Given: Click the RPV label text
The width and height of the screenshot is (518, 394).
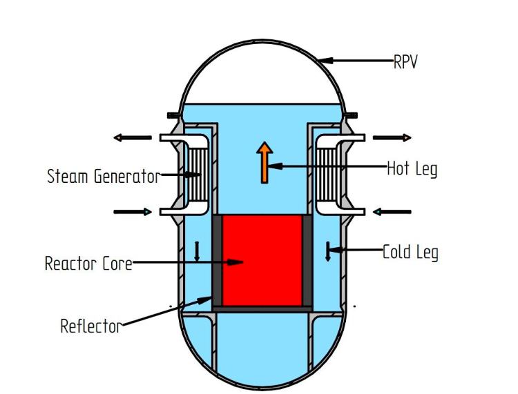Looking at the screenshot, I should point(405,62).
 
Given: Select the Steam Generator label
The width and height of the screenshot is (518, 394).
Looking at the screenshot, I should point(103,176).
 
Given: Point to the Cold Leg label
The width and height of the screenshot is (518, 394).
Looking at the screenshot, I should point(410,252).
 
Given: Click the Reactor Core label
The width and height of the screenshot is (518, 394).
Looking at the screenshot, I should point(88,263).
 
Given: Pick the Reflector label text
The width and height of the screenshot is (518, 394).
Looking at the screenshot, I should point(90,326).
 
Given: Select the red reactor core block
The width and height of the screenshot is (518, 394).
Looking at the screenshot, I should point(260,260).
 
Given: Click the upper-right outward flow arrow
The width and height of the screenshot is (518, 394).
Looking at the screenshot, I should point(392,138).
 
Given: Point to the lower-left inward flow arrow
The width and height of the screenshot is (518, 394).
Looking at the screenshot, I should point(132,212).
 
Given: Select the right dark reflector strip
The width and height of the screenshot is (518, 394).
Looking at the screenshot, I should point(307,260).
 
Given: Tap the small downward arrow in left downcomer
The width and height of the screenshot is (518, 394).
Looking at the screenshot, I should point(197,251).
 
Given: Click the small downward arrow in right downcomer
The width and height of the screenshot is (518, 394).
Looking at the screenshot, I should point(328,251).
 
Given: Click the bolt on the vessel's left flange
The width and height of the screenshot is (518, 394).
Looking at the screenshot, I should point(172,115).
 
